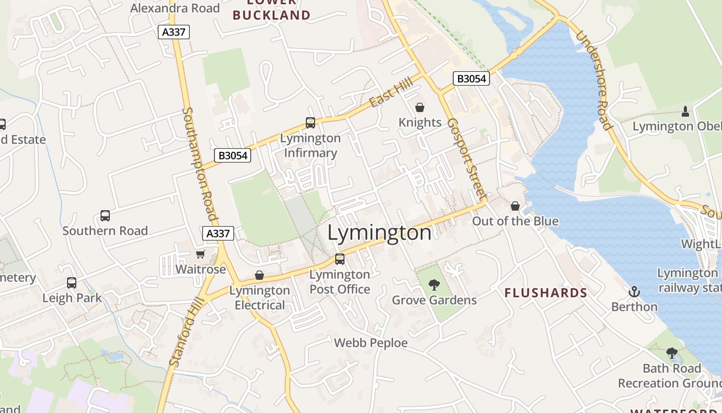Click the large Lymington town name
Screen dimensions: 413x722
click(x=380, y=233)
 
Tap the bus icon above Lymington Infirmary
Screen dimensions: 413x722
click(x=310, y=123)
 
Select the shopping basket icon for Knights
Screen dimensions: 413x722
click(x=420, y=107)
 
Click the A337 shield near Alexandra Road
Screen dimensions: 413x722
click(x=174, y=32)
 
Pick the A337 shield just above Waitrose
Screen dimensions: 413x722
click(x=218, y=233)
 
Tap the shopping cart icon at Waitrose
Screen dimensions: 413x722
click(x=201, y=254)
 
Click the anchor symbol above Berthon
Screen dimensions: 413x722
click(x=634, y=292)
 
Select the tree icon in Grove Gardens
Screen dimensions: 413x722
click(x=434, y=284)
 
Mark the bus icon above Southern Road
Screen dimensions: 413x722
click(x=105, y=215)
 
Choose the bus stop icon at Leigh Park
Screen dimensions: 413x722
click(x=72, y=283)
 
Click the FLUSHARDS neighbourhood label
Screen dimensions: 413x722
click(x=546, y=293)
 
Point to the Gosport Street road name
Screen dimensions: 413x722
click(x=466, y=160)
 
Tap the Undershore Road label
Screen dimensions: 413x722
click(x=594, y=81)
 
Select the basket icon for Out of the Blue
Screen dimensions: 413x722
click(x=515, y=206)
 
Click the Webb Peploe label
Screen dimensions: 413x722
click(x=371, y=343)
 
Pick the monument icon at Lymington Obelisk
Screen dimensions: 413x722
click(x=685, y=111)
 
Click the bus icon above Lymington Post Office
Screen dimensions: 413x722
click(x=340, y=259)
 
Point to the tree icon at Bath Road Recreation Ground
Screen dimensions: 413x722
click(x=671, y=353)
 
